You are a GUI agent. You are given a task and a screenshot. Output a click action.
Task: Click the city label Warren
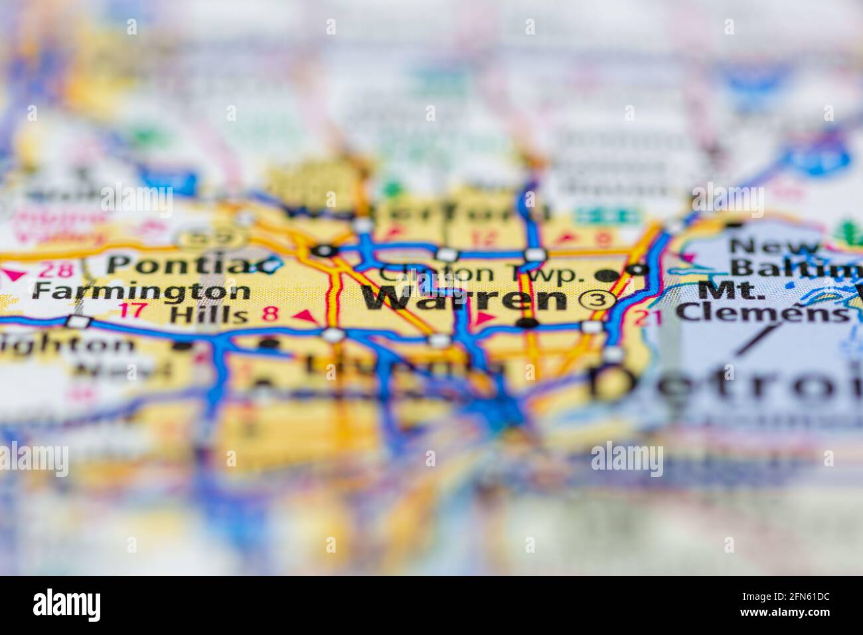pyautogui.click(x=463, y=299)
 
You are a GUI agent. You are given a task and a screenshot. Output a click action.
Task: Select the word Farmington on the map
pyautogui.click(x=141, y=291)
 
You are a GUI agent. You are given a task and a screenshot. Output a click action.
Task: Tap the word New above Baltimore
pyautogui.click(x=773, y=246)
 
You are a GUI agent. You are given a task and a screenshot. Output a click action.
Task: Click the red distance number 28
pyautogui.click(x=51, y=270)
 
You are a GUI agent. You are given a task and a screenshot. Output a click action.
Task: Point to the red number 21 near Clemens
pyautogui.click(x=648, y=317)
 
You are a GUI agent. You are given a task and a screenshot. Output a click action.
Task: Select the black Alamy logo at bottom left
pyautogui.click(x=67, y=604)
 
